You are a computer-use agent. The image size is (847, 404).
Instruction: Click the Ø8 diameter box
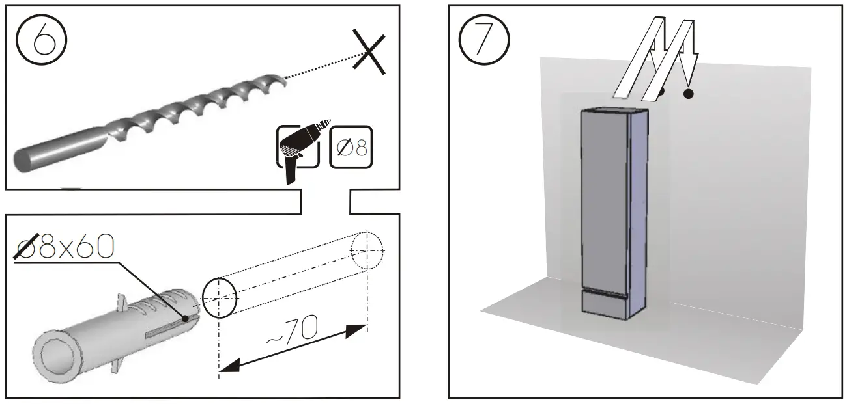point(351,147)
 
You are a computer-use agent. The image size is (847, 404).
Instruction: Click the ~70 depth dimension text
point(291,334)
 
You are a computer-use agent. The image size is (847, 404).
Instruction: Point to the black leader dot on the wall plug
point(186,319)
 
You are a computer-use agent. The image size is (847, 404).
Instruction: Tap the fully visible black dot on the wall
point(688,94)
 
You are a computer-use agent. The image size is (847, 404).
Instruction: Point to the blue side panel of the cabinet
point(639,202)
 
